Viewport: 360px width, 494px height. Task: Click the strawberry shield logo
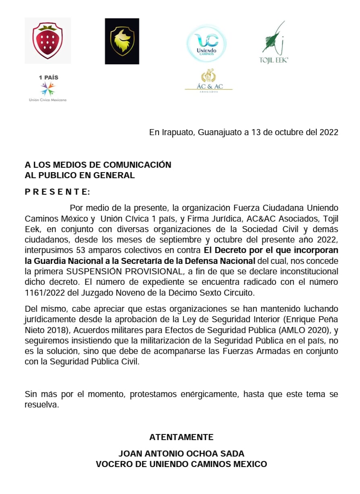click(47, 41)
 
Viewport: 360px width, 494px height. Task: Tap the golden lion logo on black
click(122, 41)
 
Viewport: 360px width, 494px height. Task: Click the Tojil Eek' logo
click(274, 42)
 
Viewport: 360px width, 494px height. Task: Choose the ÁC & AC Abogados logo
click(209, 81)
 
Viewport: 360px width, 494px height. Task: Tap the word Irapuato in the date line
click(172, 132)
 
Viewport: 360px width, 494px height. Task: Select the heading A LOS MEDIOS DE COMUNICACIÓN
click(98, 165)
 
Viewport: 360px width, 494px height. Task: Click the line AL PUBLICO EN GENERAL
click(80, 175)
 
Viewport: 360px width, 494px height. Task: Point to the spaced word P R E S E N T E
click(57, 191)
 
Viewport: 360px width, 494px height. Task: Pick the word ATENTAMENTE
click(181, 437)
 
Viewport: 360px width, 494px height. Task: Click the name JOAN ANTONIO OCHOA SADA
click(181, 454)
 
